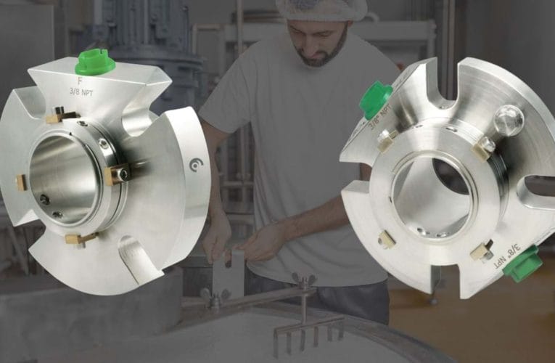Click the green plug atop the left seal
pyautogui.click(x=95, y=62)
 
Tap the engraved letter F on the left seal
pyautogui.click(x=80, y=81)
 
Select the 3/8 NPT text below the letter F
pyautogui.click(x=81, y=91)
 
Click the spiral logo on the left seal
pyautogui.click(x=196, y=165)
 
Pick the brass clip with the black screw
pyautogui.click(x=117, y=174)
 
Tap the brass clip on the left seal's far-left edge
pyautogui.click(x=21, y=183)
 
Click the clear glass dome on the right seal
pyautogui.click(x=509, y=119)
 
